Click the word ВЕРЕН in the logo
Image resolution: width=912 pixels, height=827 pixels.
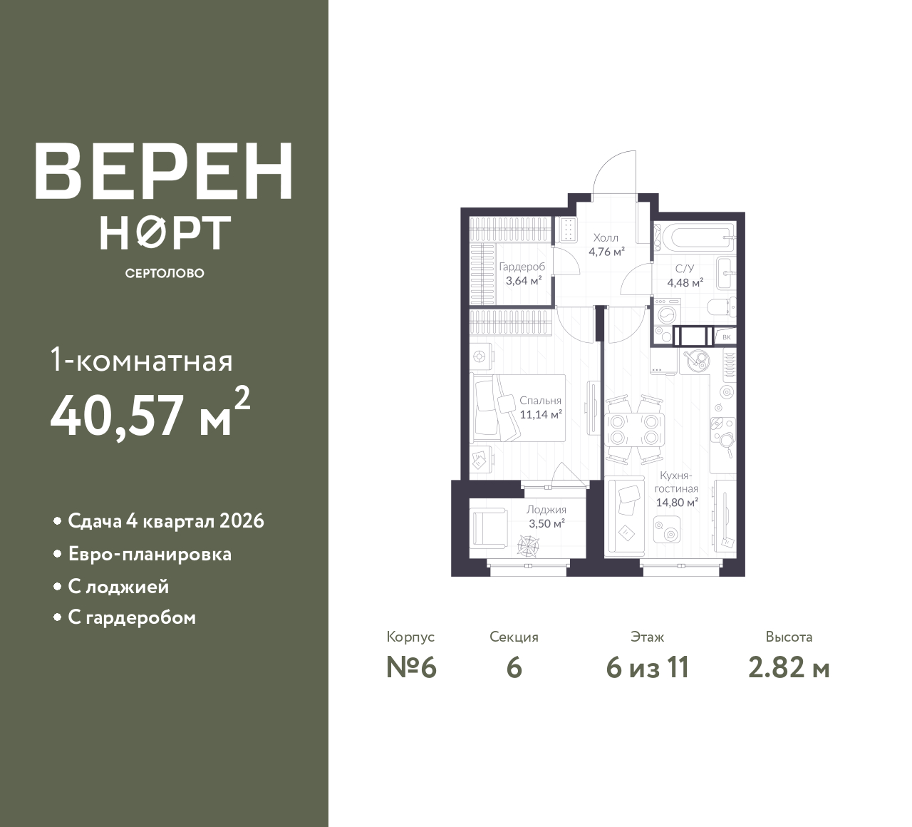tap(164, 171)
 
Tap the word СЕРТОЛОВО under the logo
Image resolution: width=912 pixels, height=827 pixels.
tap(165, 273)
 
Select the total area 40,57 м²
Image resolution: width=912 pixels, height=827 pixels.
tap(150, 412)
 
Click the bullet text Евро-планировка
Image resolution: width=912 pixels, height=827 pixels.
tap(150, 555)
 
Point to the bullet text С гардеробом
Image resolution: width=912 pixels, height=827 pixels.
tap(132, 617)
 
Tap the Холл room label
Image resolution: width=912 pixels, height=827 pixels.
tap(606, 237)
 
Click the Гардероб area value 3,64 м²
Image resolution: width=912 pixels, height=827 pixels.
tap(524, 281)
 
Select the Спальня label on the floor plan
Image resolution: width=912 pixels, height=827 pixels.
tap(540, 400)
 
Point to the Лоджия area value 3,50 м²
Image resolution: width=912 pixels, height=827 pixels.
tap(546, 523)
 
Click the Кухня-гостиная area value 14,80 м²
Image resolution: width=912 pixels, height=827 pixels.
tap(677, 502)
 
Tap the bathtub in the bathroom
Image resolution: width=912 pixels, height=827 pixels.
tap(699, 237)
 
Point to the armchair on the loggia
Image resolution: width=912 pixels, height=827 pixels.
tap(489, 528)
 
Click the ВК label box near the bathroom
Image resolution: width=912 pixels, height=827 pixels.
tap(727, 337)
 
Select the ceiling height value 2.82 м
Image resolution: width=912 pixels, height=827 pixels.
tap(789, 668)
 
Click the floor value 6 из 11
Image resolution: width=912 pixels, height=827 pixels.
tap(648, 668)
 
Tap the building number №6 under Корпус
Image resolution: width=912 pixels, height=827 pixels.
tap(411, 668)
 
